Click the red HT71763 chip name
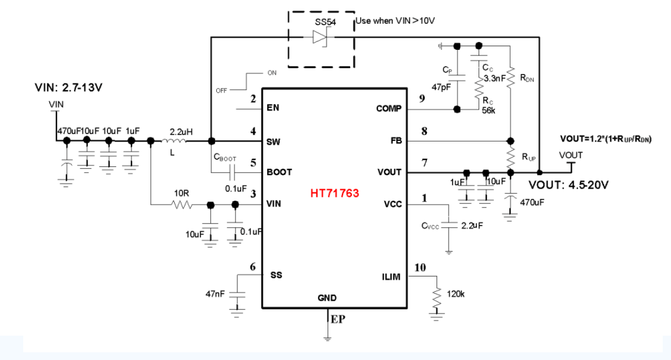(x=335, y=194)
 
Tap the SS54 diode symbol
(x=321, y=37)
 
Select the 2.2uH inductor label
(x=181, y=132)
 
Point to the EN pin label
(x=273, y=108)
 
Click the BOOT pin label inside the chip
(x=279, y=172)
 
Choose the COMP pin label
(x=388, y=108)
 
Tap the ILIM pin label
(x=391, y=275)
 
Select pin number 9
(x=422, y=99)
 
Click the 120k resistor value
(x=455, y=295)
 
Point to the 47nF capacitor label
(x=215, y=295)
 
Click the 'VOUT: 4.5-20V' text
(x=569, y=185)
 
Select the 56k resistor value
(x=488, y=110)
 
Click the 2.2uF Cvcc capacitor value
(x=472, y=226)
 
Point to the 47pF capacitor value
(x=440, y=87)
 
